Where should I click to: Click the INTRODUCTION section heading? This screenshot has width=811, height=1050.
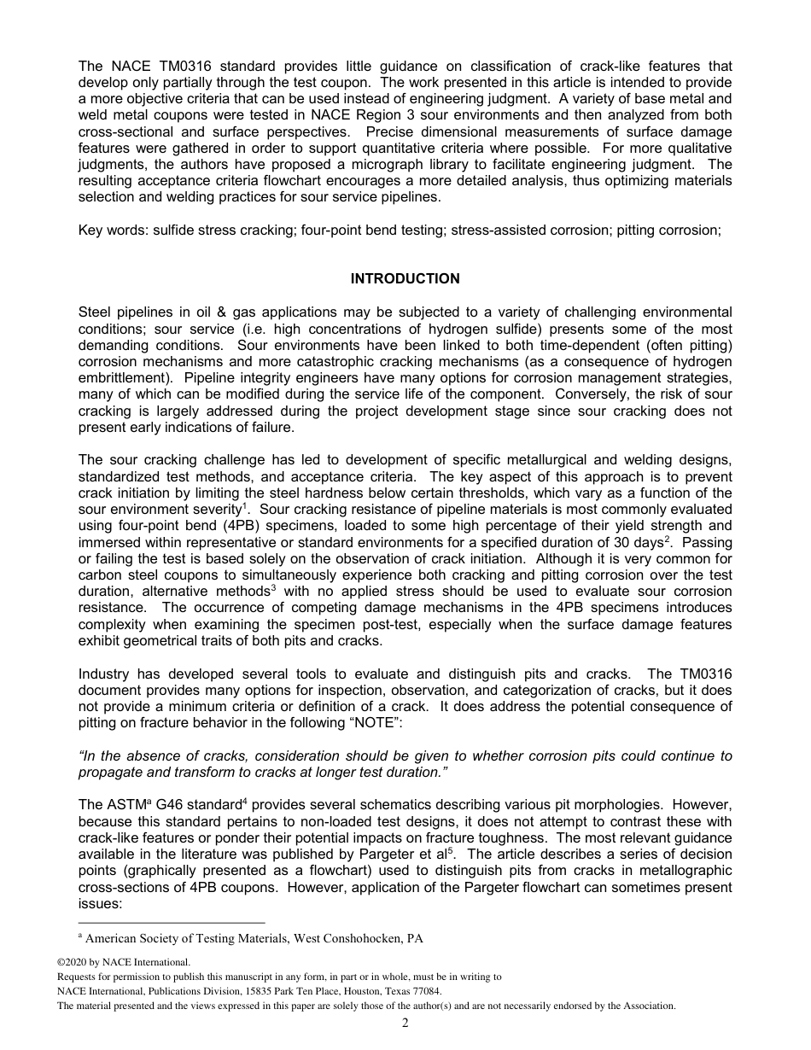click(405, 279)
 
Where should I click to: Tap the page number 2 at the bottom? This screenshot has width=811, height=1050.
click(405, 1024)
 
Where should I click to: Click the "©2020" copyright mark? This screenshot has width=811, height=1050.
click(73, 962)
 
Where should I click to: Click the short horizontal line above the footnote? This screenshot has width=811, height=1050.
click(171, 923)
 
